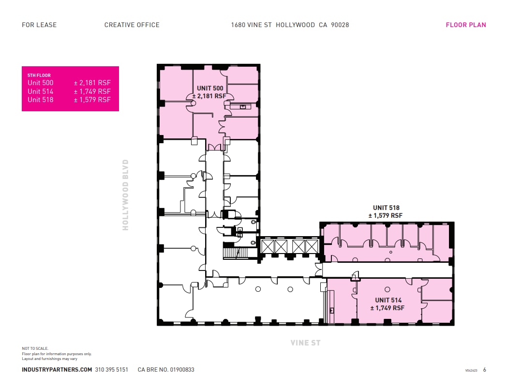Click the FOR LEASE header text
39,25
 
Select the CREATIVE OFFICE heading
132,25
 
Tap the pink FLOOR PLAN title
465,25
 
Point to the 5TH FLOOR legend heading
39,75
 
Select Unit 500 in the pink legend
40,83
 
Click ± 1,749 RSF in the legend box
92,91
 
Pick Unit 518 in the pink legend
40,100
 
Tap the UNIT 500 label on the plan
210,88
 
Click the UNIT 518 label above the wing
386,208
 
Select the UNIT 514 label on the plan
388,300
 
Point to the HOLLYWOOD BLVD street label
126,195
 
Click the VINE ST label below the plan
305,343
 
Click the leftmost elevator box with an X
268,246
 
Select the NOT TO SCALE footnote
35,348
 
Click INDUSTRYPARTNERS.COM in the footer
57,370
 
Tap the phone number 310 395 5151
112,370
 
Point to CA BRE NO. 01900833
166,370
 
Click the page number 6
484,370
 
